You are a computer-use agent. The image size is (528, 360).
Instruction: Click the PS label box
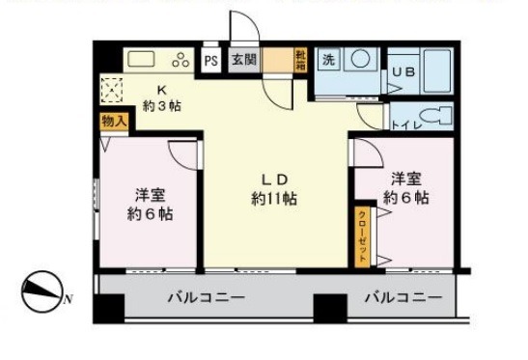point(210,60)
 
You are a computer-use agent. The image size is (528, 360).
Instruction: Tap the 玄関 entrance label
point(241,60)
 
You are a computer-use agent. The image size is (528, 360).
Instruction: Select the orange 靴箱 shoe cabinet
point(301,59)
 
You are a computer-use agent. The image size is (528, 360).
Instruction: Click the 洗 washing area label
point(328,59)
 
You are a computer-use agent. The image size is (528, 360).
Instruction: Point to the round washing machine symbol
point(359,59)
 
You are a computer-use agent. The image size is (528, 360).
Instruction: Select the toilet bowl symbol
point(438,117)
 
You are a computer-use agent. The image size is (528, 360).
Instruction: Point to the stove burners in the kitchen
point(180,60)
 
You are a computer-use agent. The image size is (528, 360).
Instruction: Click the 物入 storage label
point(113,123)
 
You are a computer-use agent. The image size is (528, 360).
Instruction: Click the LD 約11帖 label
point(273,189)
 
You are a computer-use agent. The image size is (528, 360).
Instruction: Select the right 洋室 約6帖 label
point(406,188)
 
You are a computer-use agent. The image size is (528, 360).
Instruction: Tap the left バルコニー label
point(204,297)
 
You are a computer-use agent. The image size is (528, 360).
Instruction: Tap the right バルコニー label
point(403,297)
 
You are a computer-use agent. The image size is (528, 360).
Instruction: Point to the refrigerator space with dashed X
point(113,92)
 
